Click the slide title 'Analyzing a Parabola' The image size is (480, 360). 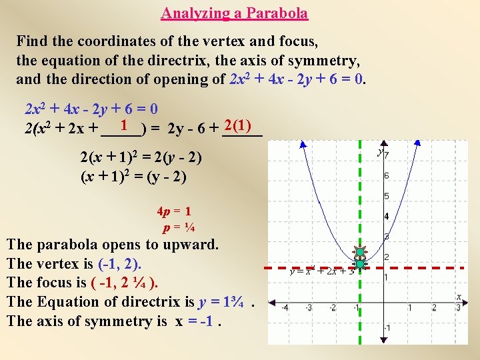coord(235,13)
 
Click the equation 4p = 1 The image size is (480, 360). coord(174,212)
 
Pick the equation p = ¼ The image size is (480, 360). coord(179,227)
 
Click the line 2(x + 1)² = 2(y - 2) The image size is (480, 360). coord(141,159)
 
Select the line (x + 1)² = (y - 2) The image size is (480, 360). coord(133,177)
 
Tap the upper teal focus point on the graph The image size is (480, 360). coord(360,253)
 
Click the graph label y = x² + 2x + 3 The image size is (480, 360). coord(322,271)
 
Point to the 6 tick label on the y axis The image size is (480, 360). coord(387,175)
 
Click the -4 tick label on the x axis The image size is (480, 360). coord(284,307)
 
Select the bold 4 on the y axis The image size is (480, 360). coord(387,217)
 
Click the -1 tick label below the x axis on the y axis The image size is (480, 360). coord(388,329)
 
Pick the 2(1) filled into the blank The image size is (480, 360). coord(238,125)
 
